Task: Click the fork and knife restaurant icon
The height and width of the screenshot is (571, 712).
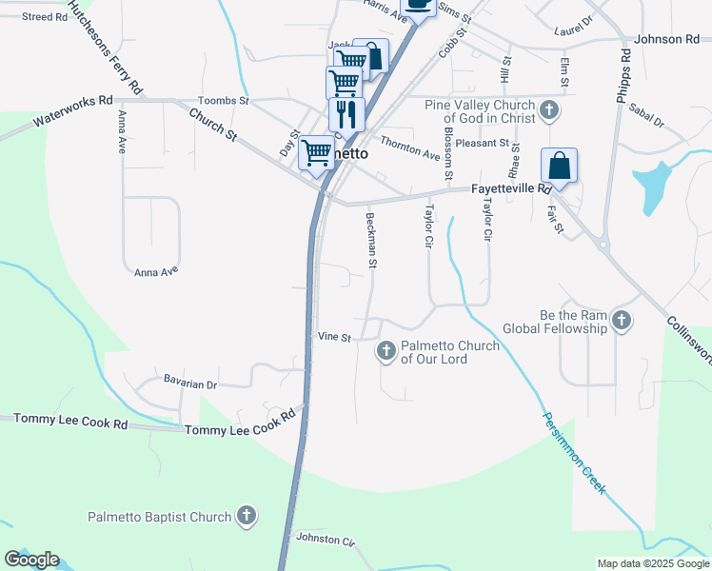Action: coord(346,113)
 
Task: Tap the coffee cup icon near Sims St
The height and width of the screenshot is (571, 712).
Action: coord(418,5)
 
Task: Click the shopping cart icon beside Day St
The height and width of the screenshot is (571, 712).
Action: coord(316,152)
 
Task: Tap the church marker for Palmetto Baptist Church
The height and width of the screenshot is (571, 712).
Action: coord(247,517)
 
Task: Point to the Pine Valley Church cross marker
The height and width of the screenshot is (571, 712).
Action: coord(548,111)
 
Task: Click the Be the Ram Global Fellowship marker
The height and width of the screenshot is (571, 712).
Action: coord(622,320)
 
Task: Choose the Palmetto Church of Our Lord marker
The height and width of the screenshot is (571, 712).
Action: coord(386,352)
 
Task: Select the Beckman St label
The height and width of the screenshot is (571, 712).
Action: coord(372,240)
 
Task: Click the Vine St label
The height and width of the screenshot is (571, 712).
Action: coord(334,337)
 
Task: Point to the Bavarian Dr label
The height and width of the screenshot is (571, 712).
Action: coord(190,384)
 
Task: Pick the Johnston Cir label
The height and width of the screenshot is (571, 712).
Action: coord(326,539)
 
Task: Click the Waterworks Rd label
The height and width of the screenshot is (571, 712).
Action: coord(72,111)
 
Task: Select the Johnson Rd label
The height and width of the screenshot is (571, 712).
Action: coord(667,39)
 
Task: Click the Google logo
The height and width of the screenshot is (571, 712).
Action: coord(31,560)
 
